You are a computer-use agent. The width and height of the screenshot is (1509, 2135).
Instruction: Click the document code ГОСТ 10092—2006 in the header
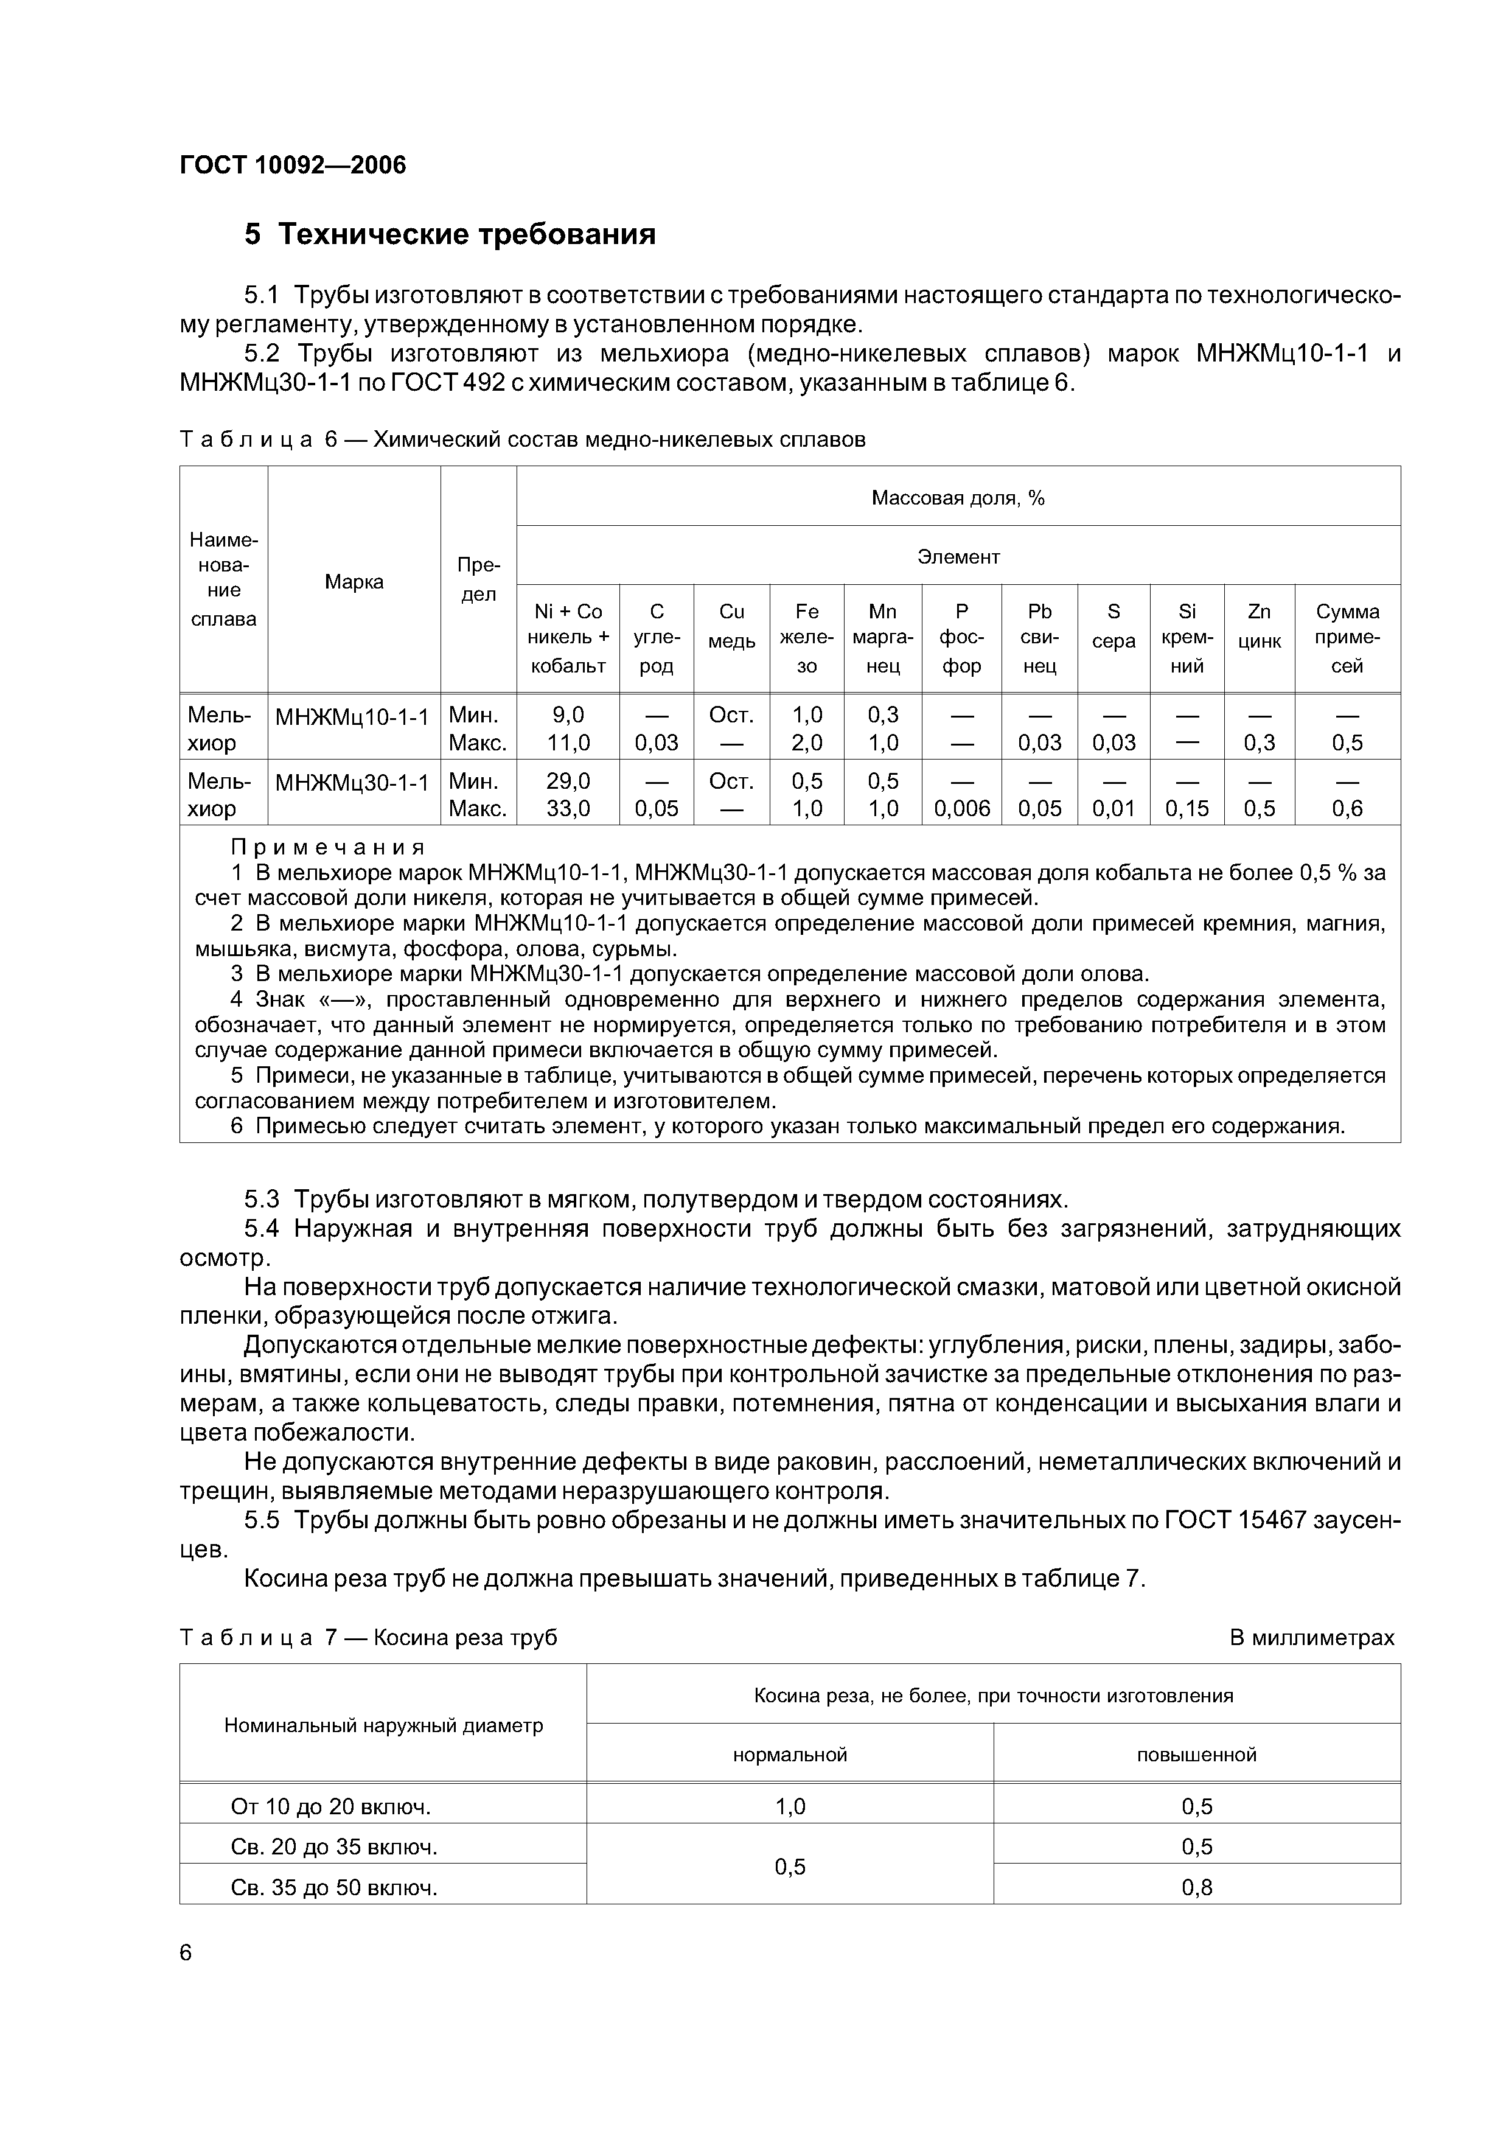[292, 166]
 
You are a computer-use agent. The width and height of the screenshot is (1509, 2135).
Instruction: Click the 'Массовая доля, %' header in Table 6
[958, 498]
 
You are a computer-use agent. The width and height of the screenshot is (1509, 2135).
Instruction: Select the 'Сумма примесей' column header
[1347, 638]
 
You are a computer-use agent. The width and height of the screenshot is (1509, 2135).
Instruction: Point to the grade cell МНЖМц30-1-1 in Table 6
[354, 783]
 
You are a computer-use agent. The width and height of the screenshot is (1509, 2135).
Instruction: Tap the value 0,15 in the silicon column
[1187, 809]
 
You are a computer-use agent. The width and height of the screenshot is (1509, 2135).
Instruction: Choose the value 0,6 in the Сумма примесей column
[1347, 809]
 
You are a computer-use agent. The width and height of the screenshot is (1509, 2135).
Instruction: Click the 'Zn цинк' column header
[1259, 626]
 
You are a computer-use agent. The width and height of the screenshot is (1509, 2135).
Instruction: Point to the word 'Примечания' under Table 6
[328, 847]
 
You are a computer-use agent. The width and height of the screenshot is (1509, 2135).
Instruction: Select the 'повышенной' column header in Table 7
[1197, 1755]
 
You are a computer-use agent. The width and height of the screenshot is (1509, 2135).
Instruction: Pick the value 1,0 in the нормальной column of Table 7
[790, 1807]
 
